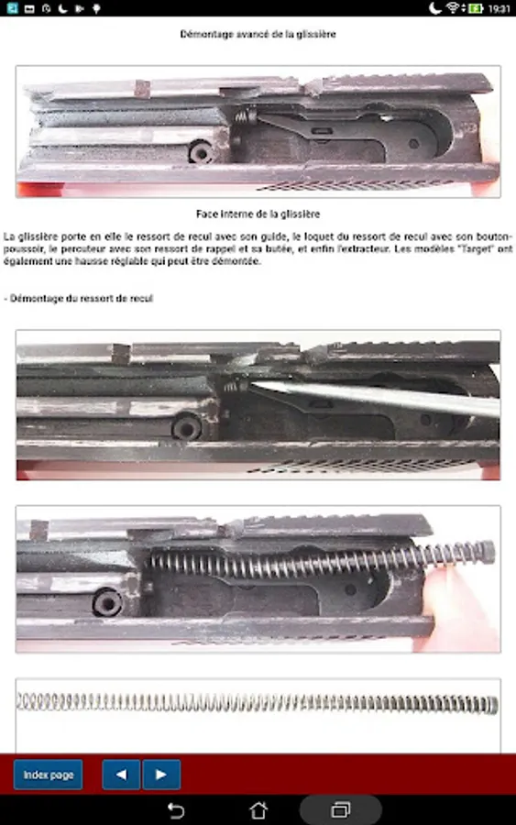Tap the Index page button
pyautogui.click(x=48, y=775)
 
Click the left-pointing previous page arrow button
pyautogui.click(x=121, y=775)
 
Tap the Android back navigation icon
pyautogui.click(x=176, y=810)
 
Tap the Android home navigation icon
pyautogui.click(x=258, y=810)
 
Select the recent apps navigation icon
pyautogui.click(x=340, y=810)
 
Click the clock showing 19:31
pyautogui.click(x=499, y=8)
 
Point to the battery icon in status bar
pyautogui.click(x=476, y=8)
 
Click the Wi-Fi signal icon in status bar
pyautogui.click(x=454, y=8)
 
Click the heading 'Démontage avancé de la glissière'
pyautogui.click(x=258, y=34)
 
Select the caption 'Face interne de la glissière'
pyautogui.click(x=258, y=214)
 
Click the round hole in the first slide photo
pyautogui.click(x=202, y=152)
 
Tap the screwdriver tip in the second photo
pyautogui.click(x=252, y=385)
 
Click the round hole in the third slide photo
pyautogui.click(x=107, y=602)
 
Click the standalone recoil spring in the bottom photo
pyautogui.click(x=258, y=703)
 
